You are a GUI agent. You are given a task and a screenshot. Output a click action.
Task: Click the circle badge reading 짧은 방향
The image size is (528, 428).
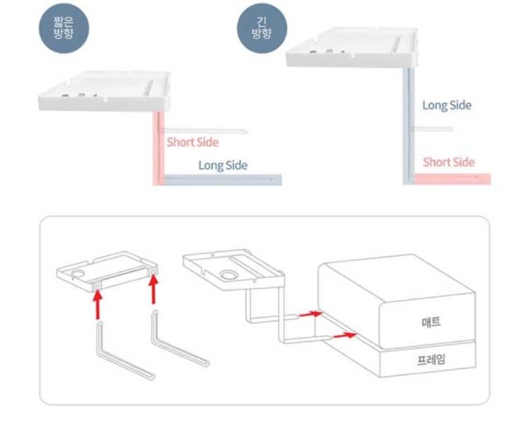(x=63, y=26)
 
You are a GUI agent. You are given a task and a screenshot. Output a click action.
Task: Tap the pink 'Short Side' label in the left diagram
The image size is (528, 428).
(x=192, y=142)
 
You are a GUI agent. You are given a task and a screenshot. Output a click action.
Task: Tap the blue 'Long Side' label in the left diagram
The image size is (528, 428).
(x=223, y=165)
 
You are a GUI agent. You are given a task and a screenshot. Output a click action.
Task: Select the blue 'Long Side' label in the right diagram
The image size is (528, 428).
(x=447, y=105)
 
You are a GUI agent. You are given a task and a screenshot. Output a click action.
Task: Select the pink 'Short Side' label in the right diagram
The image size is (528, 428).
(x=448, y=162)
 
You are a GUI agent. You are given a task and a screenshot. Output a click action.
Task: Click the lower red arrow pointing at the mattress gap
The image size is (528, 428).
(x=341, y=336)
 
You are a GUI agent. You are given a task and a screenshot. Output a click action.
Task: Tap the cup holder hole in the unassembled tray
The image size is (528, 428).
(x=78, y=272)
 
